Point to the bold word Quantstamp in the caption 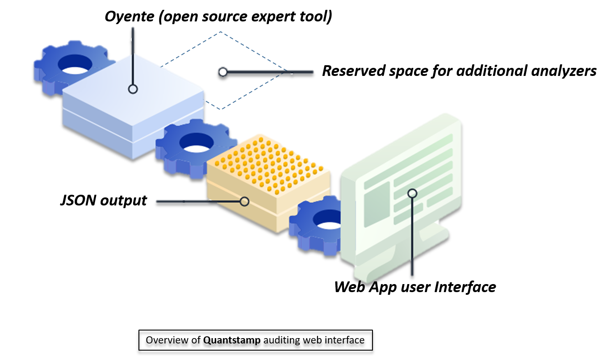(232, 340)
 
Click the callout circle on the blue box (132, 89)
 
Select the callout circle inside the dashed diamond (222, 71)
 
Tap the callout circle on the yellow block (244, 201)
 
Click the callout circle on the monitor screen (412, 193)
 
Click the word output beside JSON (123, 200)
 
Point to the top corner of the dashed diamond (220, 32)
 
